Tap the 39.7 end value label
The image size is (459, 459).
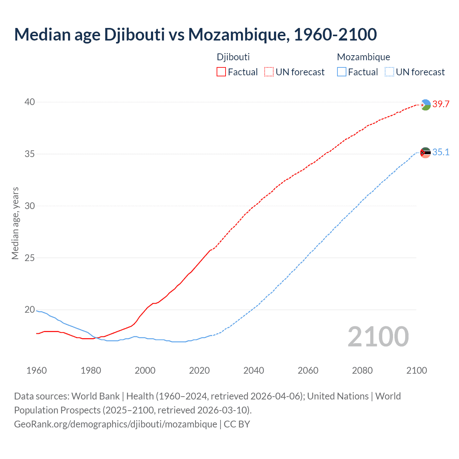coord(441,104)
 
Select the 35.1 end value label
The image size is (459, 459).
coord(441,152)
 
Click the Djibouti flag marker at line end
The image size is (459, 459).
coord(425,105)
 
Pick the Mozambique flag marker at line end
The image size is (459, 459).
coord(425,153)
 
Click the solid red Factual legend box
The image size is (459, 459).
coord(221,72)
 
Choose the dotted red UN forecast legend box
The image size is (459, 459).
coord(269,72)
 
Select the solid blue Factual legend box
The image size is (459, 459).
coord(342,72)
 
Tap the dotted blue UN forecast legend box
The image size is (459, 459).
coord(389,72)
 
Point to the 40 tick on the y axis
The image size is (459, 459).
coord(30,102)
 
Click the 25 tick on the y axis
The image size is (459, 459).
coord(30,258)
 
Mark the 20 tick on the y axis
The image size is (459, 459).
coord(30,309)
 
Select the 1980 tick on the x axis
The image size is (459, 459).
coord(91,370)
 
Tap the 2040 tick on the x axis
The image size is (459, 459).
coord(254,370)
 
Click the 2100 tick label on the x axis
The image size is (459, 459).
coord(416,370)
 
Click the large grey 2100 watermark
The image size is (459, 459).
coord(378,336)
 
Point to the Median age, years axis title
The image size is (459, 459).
coord(15,223)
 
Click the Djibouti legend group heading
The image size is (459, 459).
coord(233,57)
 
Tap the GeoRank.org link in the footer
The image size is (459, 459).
coord(115,424)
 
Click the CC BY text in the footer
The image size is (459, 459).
coord(237,424)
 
